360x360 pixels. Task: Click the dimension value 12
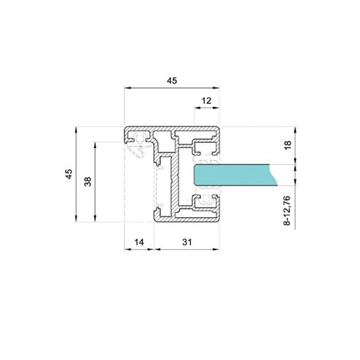click(x=206, y=101)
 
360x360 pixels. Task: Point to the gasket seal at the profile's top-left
click(x=139, y=144)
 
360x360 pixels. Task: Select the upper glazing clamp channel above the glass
click(x=205, y=147)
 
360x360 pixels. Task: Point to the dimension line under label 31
click(x=188, y=249)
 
